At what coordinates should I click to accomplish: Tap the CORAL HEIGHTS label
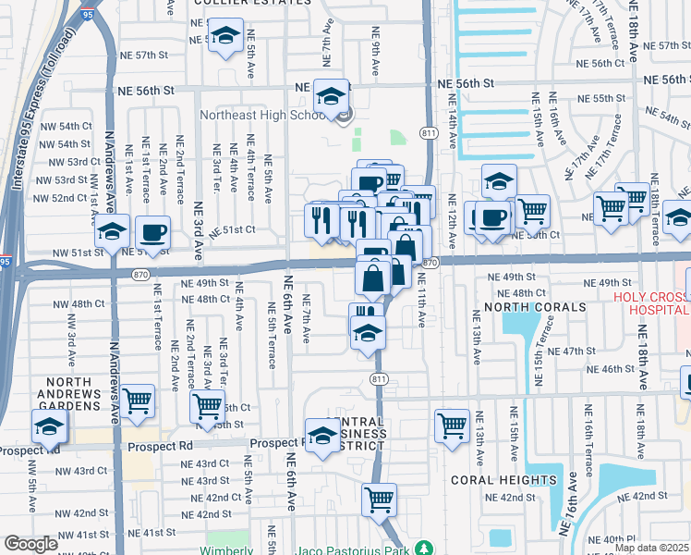coord(495,481)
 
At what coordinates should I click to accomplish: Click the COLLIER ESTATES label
coord(249,3)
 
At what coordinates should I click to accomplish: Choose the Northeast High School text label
coord(263,116)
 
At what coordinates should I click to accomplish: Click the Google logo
coord(30,545)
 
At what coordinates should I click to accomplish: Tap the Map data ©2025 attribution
coord(652,548)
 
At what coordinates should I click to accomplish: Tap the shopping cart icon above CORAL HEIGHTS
coord(453,425)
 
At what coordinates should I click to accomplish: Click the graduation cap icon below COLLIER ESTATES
coord(224,37)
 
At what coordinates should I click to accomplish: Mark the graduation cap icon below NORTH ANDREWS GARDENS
coord(49,426)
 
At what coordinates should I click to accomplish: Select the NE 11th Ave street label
coord(420,306)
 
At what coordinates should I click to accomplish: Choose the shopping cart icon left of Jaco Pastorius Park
coord(379,499)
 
